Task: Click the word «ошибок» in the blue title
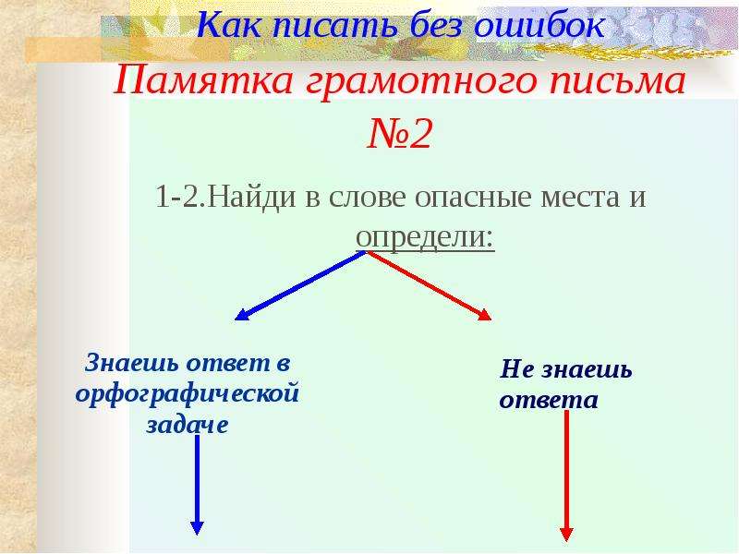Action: (539, 25)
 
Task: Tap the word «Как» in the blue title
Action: (228, 25)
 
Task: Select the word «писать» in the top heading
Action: (334, 25)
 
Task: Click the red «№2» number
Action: (399, 133)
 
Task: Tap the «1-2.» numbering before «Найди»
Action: (180, 197)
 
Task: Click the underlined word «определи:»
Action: (425, 237)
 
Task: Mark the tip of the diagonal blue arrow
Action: (236, 319)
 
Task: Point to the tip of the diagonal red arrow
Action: (491, 319)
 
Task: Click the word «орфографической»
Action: (188, 394)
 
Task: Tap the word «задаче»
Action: (188, 425)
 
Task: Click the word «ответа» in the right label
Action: (549, 401)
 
